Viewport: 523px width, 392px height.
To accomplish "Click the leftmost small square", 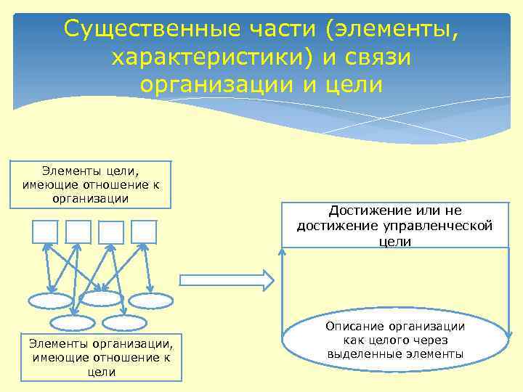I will (45, 231).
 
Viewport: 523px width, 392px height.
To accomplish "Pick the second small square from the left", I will (78, 231).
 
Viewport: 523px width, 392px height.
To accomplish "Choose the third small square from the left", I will (111, 232).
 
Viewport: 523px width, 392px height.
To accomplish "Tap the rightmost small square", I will (144, 231).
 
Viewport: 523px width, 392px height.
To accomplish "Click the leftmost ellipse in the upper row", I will (51, 301).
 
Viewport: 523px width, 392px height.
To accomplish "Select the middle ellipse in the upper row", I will (101, 298).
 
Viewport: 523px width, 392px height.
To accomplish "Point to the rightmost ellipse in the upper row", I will (151, 301).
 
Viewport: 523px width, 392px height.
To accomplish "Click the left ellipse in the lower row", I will (73, 323).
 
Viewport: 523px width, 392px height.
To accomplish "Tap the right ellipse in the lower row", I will (124, 323).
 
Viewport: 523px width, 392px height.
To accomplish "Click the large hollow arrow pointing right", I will (226, 280).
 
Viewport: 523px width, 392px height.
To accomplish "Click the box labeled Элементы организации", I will (101, 356).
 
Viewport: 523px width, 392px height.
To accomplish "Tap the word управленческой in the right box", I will (440, 226).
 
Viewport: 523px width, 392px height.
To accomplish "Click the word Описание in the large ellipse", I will (355, 326).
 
